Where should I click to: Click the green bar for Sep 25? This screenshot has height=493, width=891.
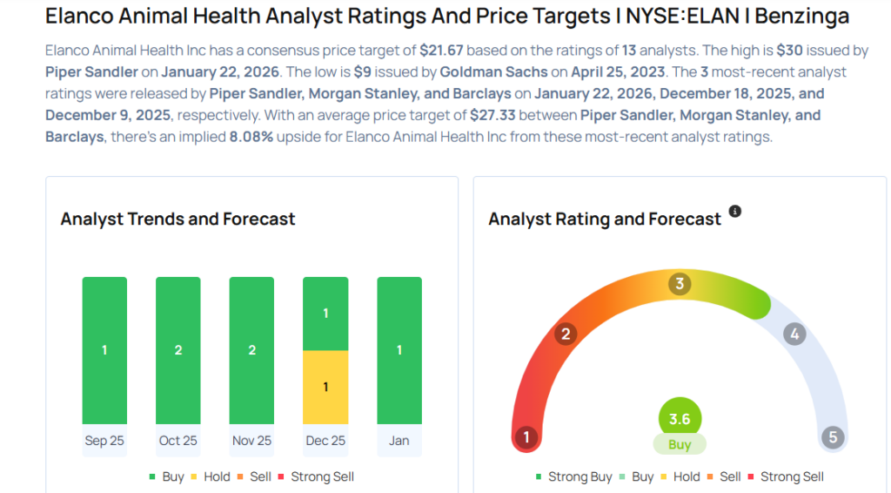click(104, 350)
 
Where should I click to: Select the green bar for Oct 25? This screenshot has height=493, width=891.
click(178, 350)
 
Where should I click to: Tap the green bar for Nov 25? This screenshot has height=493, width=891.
click(251, 350)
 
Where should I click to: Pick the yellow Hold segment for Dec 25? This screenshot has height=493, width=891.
click(325, 387)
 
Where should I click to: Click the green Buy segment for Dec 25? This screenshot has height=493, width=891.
click(325, 314)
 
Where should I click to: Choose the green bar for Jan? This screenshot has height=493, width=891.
click(399, 350)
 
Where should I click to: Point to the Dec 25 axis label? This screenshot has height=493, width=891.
click(325, 441)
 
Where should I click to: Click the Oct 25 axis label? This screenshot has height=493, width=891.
click(178, 441)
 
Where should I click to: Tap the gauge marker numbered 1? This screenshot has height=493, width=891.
click(525, 436)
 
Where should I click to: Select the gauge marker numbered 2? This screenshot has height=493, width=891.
click(566, 334)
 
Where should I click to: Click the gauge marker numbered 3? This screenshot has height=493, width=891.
click(680, 284)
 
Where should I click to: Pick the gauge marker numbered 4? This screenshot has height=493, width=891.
click(794, 334)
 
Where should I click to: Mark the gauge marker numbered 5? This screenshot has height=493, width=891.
click(833, 436)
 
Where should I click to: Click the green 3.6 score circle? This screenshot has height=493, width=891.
click(680, 419)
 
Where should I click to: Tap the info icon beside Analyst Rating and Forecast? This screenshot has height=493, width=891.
click(735, 212)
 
